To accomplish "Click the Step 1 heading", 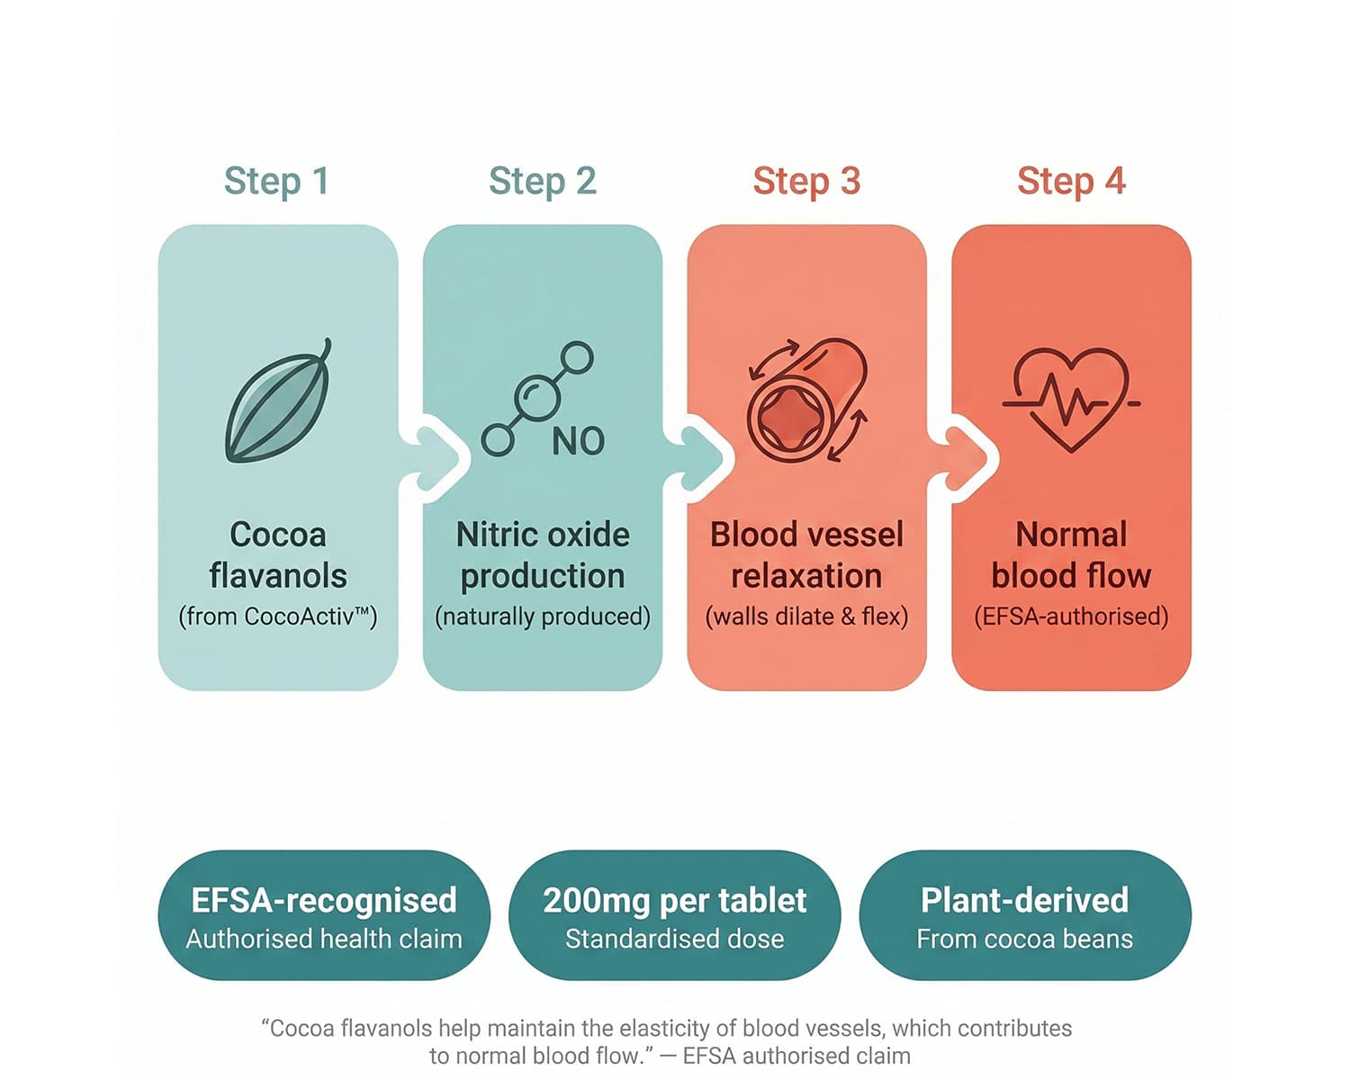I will tap(276, 181).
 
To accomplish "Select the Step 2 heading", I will tap(542, 181).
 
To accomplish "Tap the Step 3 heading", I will tap(806, 181).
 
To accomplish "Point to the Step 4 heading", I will tap(1071, 181).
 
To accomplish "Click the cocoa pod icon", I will tap(278, 401).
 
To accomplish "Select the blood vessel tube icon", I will tap(806, 400).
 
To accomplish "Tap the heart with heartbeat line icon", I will tap(1071, 400).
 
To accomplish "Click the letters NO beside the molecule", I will tap(578, 442).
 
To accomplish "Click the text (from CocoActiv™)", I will tap(277, 616).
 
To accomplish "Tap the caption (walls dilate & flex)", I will tap(806, 616).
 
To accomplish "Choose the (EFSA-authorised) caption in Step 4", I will tap(1071, 616).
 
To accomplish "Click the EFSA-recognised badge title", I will tap(324, 900).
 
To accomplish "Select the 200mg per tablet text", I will tap(674, 900).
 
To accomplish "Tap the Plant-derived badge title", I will tap(1024, 900).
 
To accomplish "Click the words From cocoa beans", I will tap(1024, 940).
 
